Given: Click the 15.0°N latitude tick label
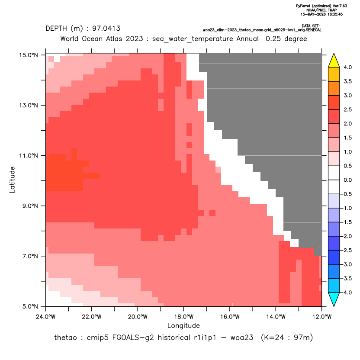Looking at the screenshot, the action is tap(29, 55).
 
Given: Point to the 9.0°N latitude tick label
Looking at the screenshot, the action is tap(29, 206).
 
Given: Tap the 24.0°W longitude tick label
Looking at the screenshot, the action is tap(46, 317).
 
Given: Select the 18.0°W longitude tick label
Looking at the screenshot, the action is tap(183, 317).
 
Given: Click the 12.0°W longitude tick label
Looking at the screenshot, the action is tap(321, 317).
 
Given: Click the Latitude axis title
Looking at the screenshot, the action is tap(12, 180).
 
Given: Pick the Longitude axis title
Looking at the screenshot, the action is tap(183, 325).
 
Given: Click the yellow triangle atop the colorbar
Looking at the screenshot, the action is tap(334, 61).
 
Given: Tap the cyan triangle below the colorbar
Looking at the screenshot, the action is tap(334, 299).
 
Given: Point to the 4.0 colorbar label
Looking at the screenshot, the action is tap(347, 67).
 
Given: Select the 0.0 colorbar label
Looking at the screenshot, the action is tap(347, 180).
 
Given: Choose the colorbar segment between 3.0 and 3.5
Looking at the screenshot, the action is tap(334, 88).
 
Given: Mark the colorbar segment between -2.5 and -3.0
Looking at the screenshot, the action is tap(334, 257).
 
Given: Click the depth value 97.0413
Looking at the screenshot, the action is tap(106, 29).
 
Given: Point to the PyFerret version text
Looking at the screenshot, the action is tap(321, 6).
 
